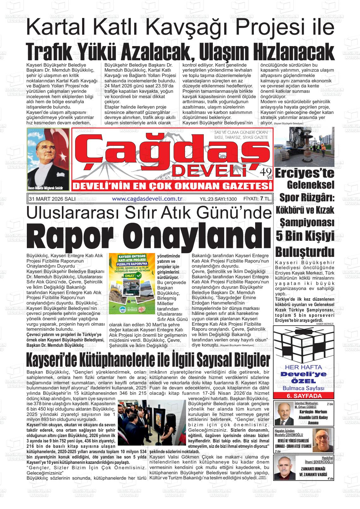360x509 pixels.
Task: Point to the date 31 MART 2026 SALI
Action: coord(52,199)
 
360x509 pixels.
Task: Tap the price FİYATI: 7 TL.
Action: coord(257,199)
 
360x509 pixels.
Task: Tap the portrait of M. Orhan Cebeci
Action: coord(284,414)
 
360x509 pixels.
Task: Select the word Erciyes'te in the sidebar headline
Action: coord(304,173)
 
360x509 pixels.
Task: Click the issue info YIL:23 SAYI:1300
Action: coord(218,199)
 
